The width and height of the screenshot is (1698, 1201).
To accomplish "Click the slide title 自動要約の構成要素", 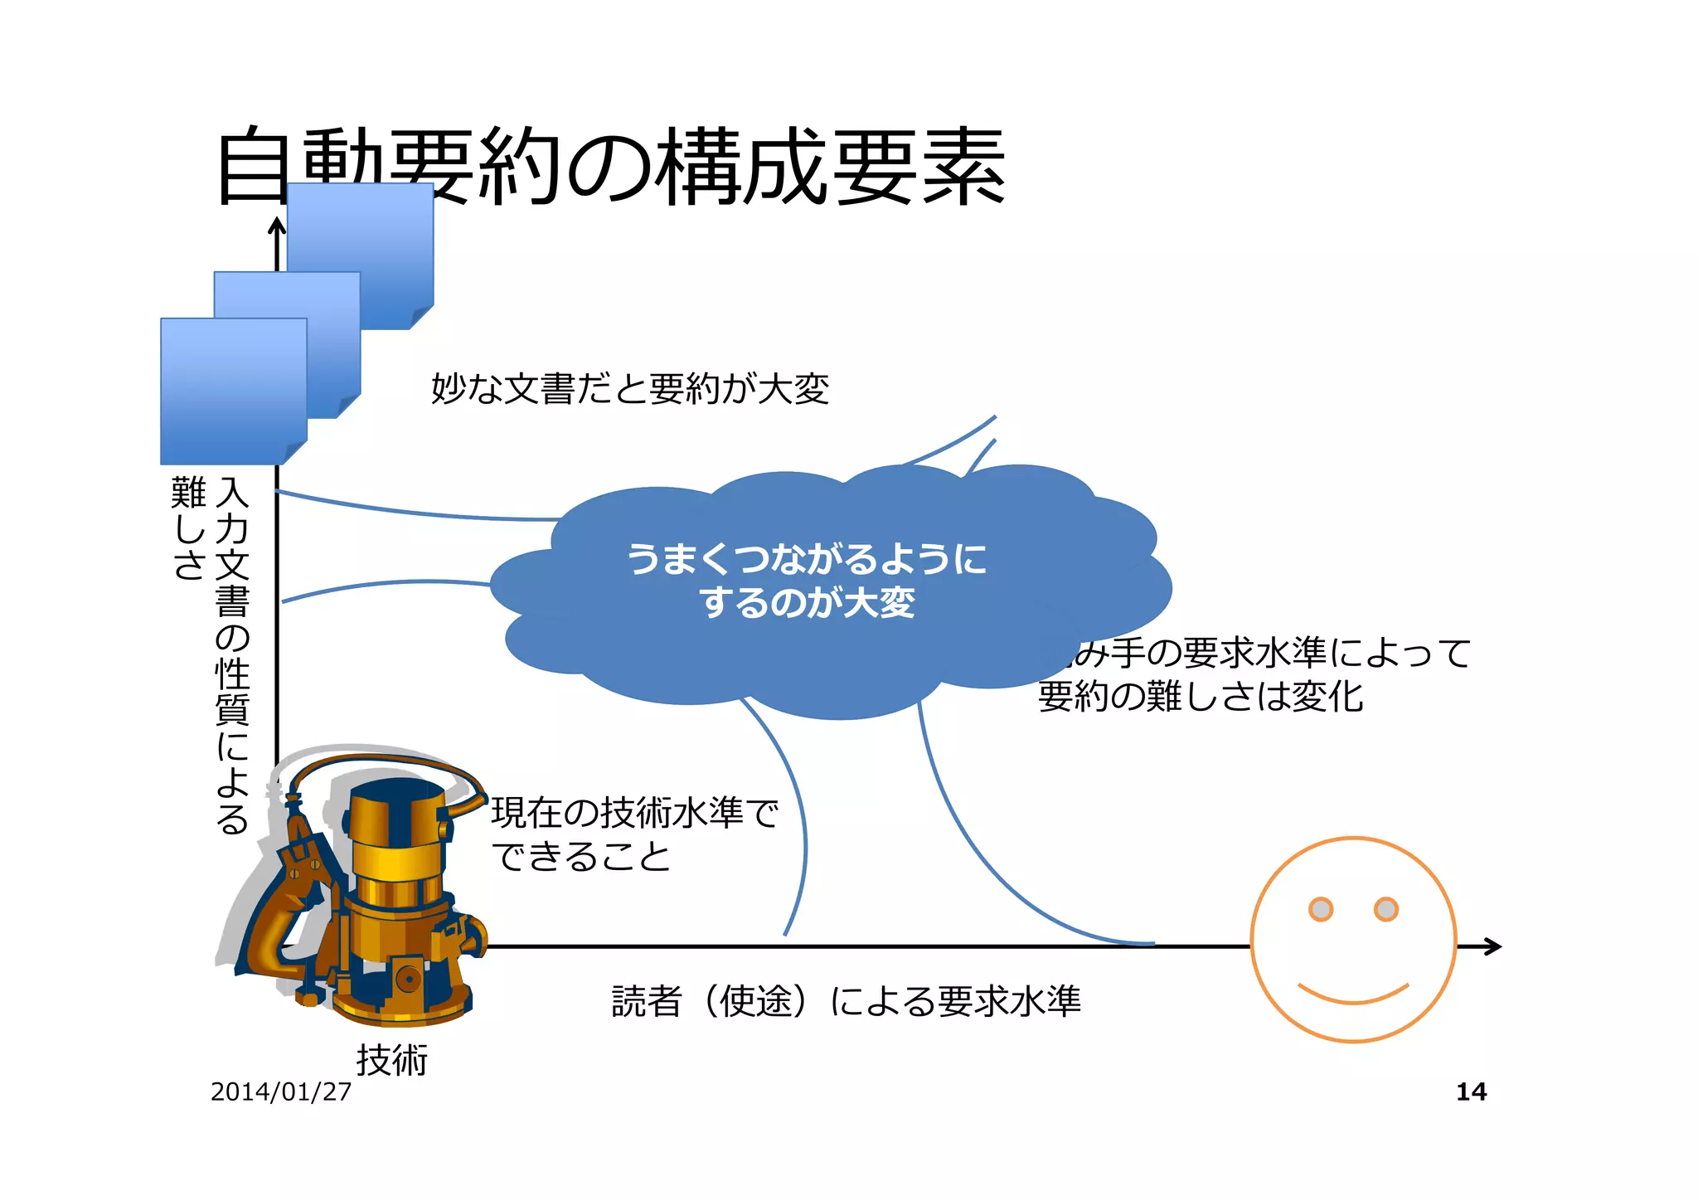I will [610, 166].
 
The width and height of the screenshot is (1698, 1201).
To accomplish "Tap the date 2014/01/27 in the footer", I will [281, 1092].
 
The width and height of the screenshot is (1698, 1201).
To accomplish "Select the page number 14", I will [1471, 1092].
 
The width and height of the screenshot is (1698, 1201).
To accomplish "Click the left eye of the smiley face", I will [1321, 909].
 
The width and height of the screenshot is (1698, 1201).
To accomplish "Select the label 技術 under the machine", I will [391, 1060].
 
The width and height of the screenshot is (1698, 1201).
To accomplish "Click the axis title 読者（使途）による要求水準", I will [846, 1001].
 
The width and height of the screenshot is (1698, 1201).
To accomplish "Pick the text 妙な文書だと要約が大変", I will [630, 388].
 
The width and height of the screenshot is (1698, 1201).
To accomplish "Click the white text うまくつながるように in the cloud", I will [806, 558].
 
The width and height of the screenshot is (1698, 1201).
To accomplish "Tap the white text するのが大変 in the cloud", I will [806, 602].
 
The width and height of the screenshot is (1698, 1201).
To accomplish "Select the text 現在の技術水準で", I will [634, 812].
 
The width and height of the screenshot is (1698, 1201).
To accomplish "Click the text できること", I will [580, 856].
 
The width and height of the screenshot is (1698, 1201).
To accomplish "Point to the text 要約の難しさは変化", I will [1200, 696].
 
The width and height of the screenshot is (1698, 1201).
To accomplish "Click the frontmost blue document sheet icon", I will [232, 390].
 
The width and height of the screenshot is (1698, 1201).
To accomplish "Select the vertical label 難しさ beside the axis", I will [188, 528].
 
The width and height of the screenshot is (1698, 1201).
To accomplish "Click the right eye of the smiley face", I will [1386, 909].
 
